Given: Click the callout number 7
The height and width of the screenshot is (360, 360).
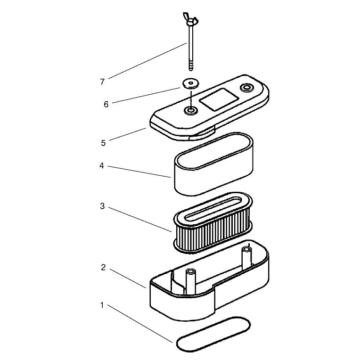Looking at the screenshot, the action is coord(102,82).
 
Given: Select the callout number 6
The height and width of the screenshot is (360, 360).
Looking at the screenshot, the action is coord(106,105).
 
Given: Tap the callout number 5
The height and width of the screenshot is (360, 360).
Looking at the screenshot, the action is coord(103,143).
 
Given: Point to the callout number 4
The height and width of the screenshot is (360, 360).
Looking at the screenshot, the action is coord(102,165).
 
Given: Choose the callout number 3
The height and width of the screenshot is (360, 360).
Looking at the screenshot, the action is coord(102,206).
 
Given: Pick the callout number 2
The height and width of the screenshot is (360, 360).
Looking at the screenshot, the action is coord(103,268).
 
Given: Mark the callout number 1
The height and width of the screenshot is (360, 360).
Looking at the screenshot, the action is coord(102,305).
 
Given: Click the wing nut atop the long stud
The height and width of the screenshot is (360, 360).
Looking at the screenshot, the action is coord(190,19).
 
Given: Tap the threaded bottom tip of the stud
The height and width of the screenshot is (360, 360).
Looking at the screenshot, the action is coord(191,66).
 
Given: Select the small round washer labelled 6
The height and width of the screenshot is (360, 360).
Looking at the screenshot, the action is coord(190,83).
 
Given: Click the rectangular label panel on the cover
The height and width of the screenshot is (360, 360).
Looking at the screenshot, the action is coord(219,99).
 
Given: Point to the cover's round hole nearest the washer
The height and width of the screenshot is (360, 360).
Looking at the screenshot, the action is coord(190,111).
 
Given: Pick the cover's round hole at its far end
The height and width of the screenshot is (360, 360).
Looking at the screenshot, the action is coord(247,88).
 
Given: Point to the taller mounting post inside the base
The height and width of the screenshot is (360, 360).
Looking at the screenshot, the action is coord(247,257).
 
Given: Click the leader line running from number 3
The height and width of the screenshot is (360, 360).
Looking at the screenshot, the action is coord(140,220).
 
